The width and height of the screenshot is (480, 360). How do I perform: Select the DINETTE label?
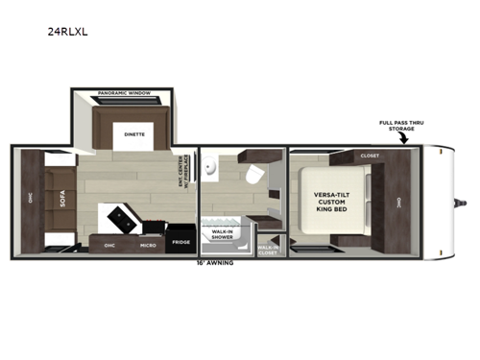133,134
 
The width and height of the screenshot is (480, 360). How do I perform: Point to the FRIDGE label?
181,243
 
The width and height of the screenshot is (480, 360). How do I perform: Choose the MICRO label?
148,246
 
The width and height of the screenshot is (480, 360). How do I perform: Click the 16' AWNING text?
215,261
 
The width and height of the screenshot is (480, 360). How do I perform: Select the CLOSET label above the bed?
369,155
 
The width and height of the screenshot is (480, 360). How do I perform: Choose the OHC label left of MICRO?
109,246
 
